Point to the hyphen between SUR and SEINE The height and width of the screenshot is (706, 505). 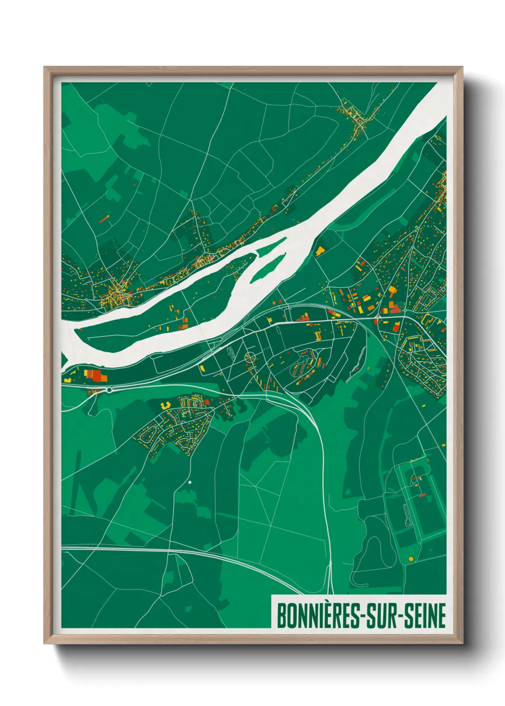pyautogui.click(x=400, y=617)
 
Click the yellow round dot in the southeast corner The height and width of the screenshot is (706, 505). pyautogui.click(x=410, y=559)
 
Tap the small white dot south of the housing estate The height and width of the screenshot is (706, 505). pyautogui.click(x=189, y=482)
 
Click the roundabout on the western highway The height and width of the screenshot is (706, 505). pyautogui.click(x=109, y=390)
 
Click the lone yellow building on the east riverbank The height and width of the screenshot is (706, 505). pyautogui.click(x=319, y=250)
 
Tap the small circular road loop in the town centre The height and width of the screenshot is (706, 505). pyautogui.click(x=249, y=356)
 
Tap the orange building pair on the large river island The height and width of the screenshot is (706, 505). pyautogui.click(x=183, y=324)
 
